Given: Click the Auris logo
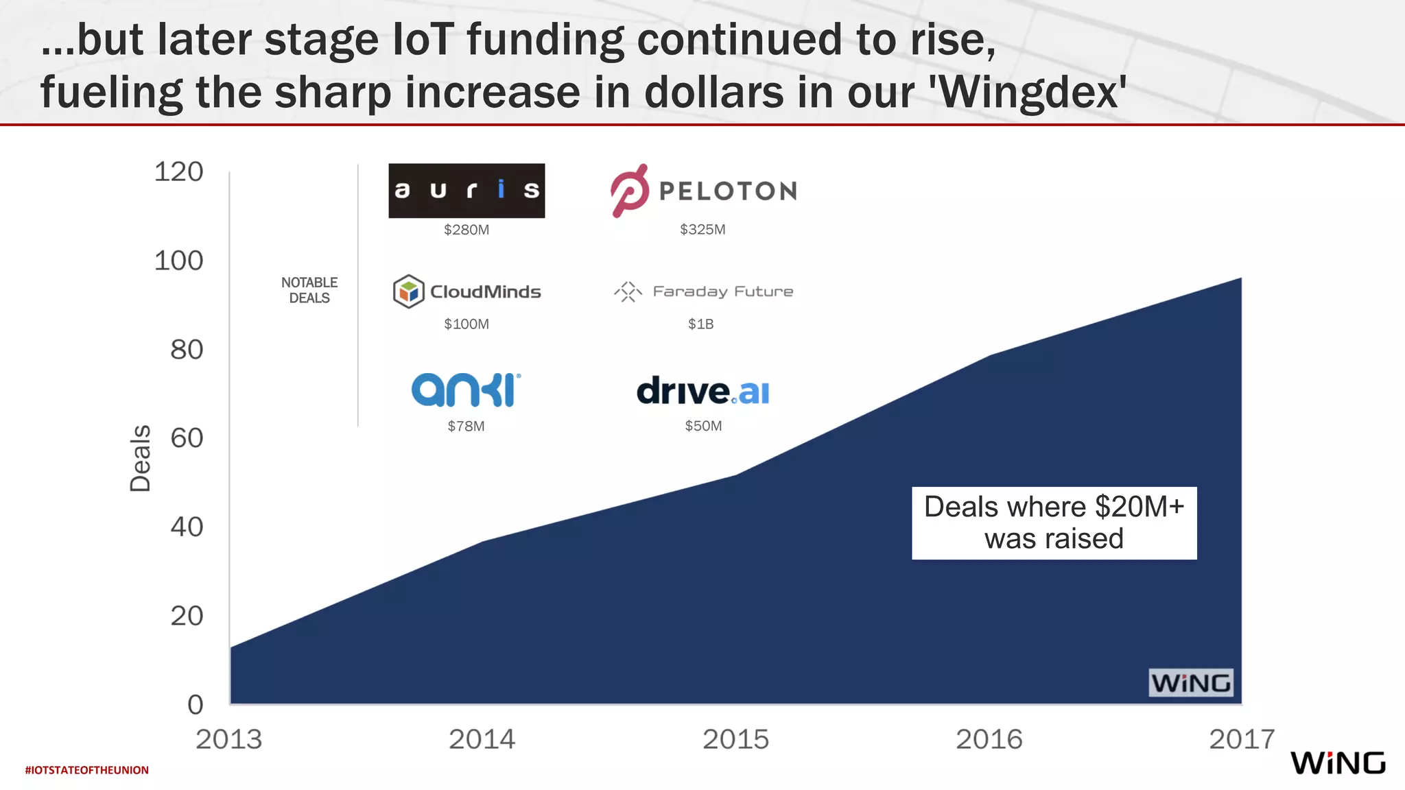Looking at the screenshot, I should click(x=467, y=191).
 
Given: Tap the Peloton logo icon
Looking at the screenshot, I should click(x=630, y=191).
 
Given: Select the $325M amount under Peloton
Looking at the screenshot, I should click(x=702, y=230).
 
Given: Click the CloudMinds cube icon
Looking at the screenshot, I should click(x=408, y=291).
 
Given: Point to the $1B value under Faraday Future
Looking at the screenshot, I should click(x=701, y=324).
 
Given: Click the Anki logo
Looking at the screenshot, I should click(x=466, y=390).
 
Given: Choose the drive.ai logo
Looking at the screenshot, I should click(x=703, y=391).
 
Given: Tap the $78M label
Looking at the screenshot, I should click(x=466, y=426).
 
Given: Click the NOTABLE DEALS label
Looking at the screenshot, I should click(x=309, y=290).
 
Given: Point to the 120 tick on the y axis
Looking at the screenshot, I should click(x=179, y=171).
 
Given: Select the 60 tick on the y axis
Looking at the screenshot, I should click(x=187, y=438).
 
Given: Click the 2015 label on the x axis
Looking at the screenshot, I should click(x=735, y=739).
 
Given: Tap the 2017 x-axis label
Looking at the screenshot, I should click(x=1241, y=739).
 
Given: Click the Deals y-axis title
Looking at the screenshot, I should click(x=140, y=458).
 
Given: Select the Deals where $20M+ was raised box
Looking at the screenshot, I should click(x=1054, y=523).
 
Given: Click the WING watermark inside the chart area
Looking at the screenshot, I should click(x=1191, y=683).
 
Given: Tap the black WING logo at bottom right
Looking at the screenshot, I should click(x=1338, y=763).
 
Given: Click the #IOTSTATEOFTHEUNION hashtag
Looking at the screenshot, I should click(x=87, y=770).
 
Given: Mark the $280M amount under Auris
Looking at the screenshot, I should click(x=467, y=230).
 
